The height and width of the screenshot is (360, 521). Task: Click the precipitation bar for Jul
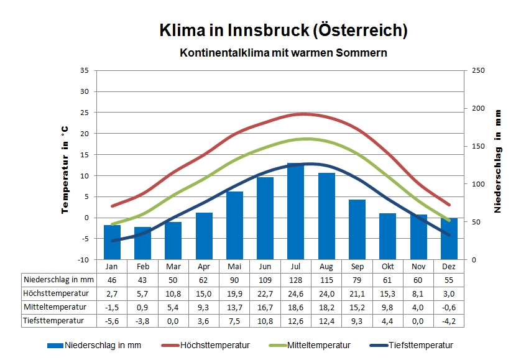[295, 211]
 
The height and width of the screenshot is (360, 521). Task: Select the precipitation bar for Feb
[142, 243]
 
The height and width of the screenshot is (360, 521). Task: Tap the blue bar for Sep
[357, 229]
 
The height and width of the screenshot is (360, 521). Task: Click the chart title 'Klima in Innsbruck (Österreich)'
[284, 30]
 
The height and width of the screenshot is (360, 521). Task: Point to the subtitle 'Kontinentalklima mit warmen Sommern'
[284, 53]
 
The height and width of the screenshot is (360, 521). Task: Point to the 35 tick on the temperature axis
[85, 70]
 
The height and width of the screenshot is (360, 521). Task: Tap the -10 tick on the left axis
[83, 259]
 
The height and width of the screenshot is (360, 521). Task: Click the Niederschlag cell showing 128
[295, 280]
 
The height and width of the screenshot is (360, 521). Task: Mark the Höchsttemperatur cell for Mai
[234, 293]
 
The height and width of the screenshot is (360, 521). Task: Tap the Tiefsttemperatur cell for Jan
[112, 321]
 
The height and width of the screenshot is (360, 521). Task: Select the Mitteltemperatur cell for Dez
[449, 307]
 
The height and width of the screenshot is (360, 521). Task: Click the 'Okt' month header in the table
[387, 266]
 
